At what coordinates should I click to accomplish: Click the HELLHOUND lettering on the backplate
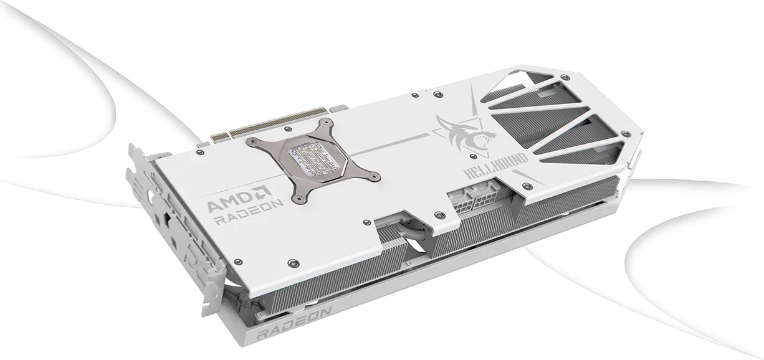tap(496, 167)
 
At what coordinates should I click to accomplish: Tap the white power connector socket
tap(474, 199)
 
